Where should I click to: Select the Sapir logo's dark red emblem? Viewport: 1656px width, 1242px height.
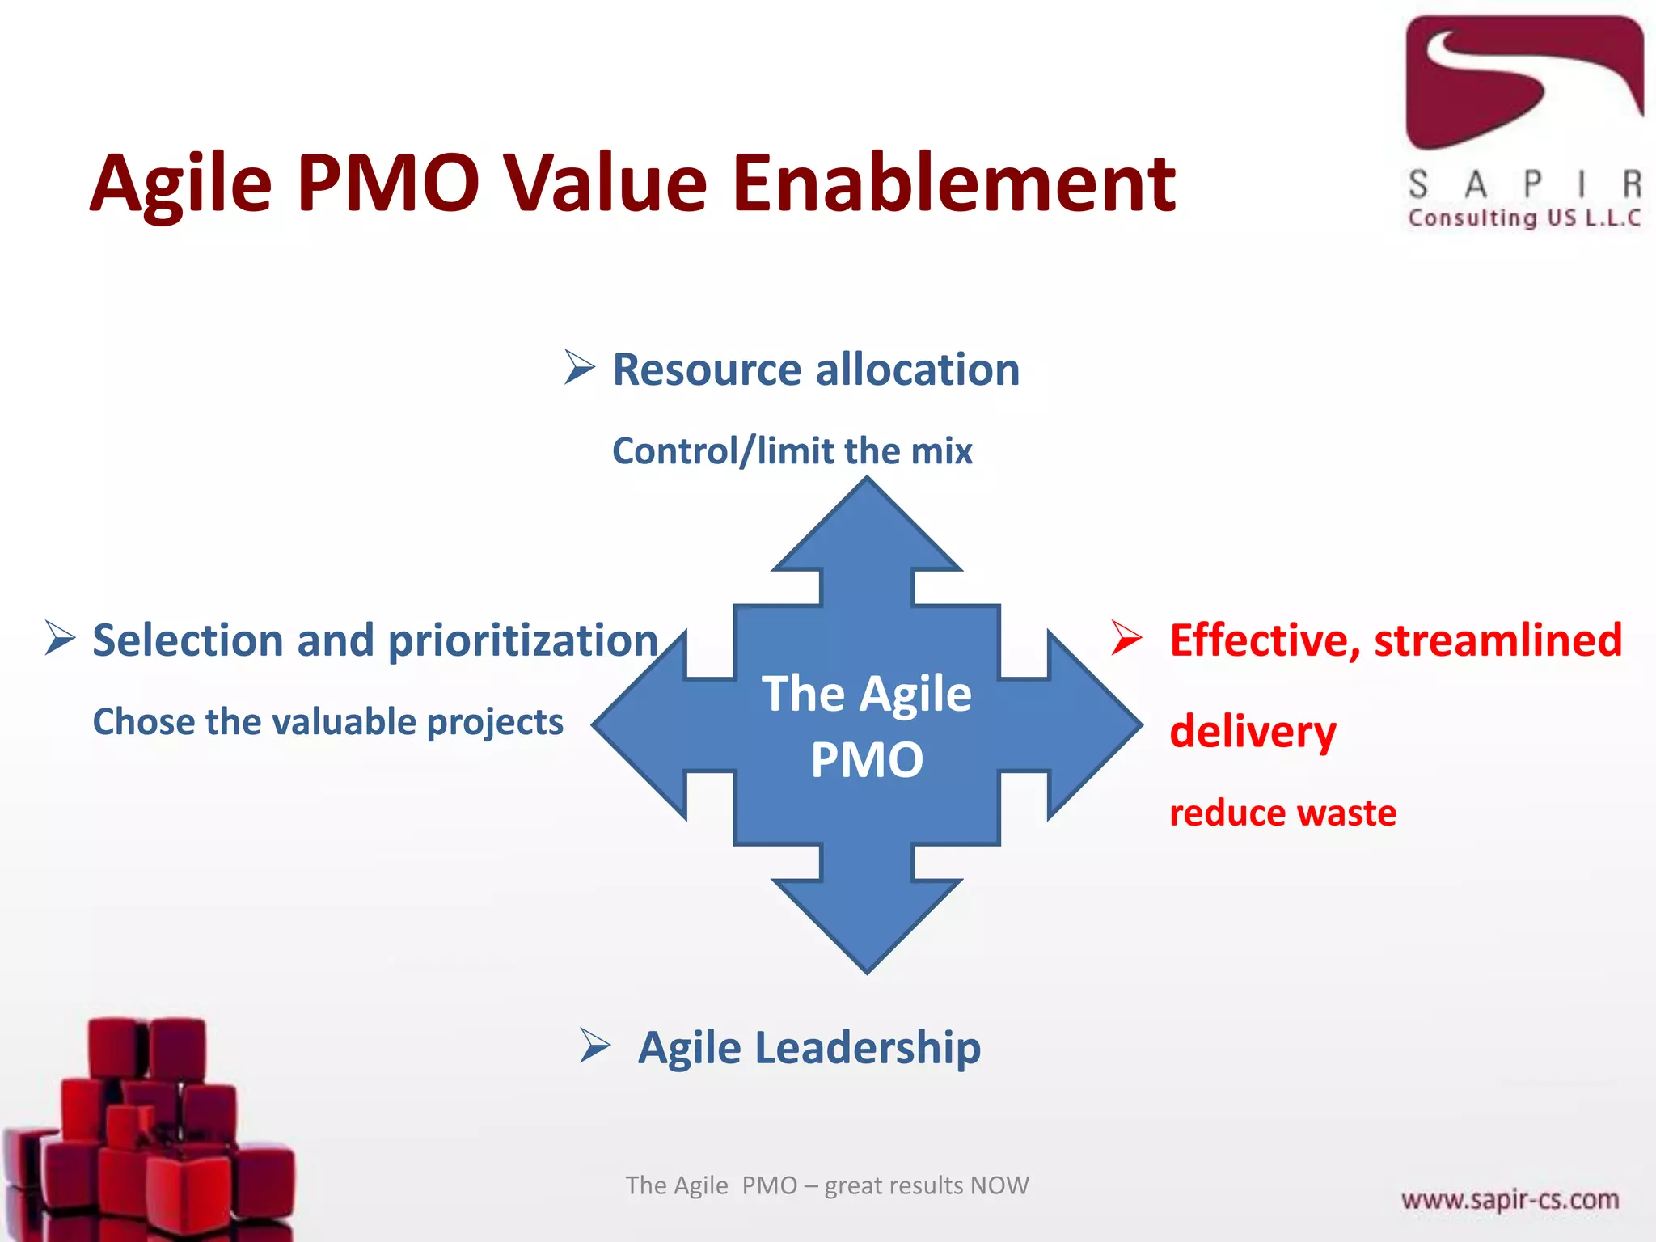[1524, 81]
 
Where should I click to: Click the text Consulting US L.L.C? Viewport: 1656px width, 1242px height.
[1524, 218]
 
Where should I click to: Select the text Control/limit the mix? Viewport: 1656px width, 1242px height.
[792, 451]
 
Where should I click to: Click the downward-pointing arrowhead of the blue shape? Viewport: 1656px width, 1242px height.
[867, 922]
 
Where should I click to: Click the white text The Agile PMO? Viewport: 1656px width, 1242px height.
[867, 726]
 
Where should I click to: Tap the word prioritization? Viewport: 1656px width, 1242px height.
[522, 641]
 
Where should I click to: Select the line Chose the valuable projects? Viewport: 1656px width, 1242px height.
[327, 722]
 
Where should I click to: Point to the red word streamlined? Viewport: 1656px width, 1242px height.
[1498, 640]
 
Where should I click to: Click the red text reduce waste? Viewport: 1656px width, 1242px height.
[1282, 813]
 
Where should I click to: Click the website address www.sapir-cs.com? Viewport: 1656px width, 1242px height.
[1510, 1198]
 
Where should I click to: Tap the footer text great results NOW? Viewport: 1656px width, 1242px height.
[927, 1185]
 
